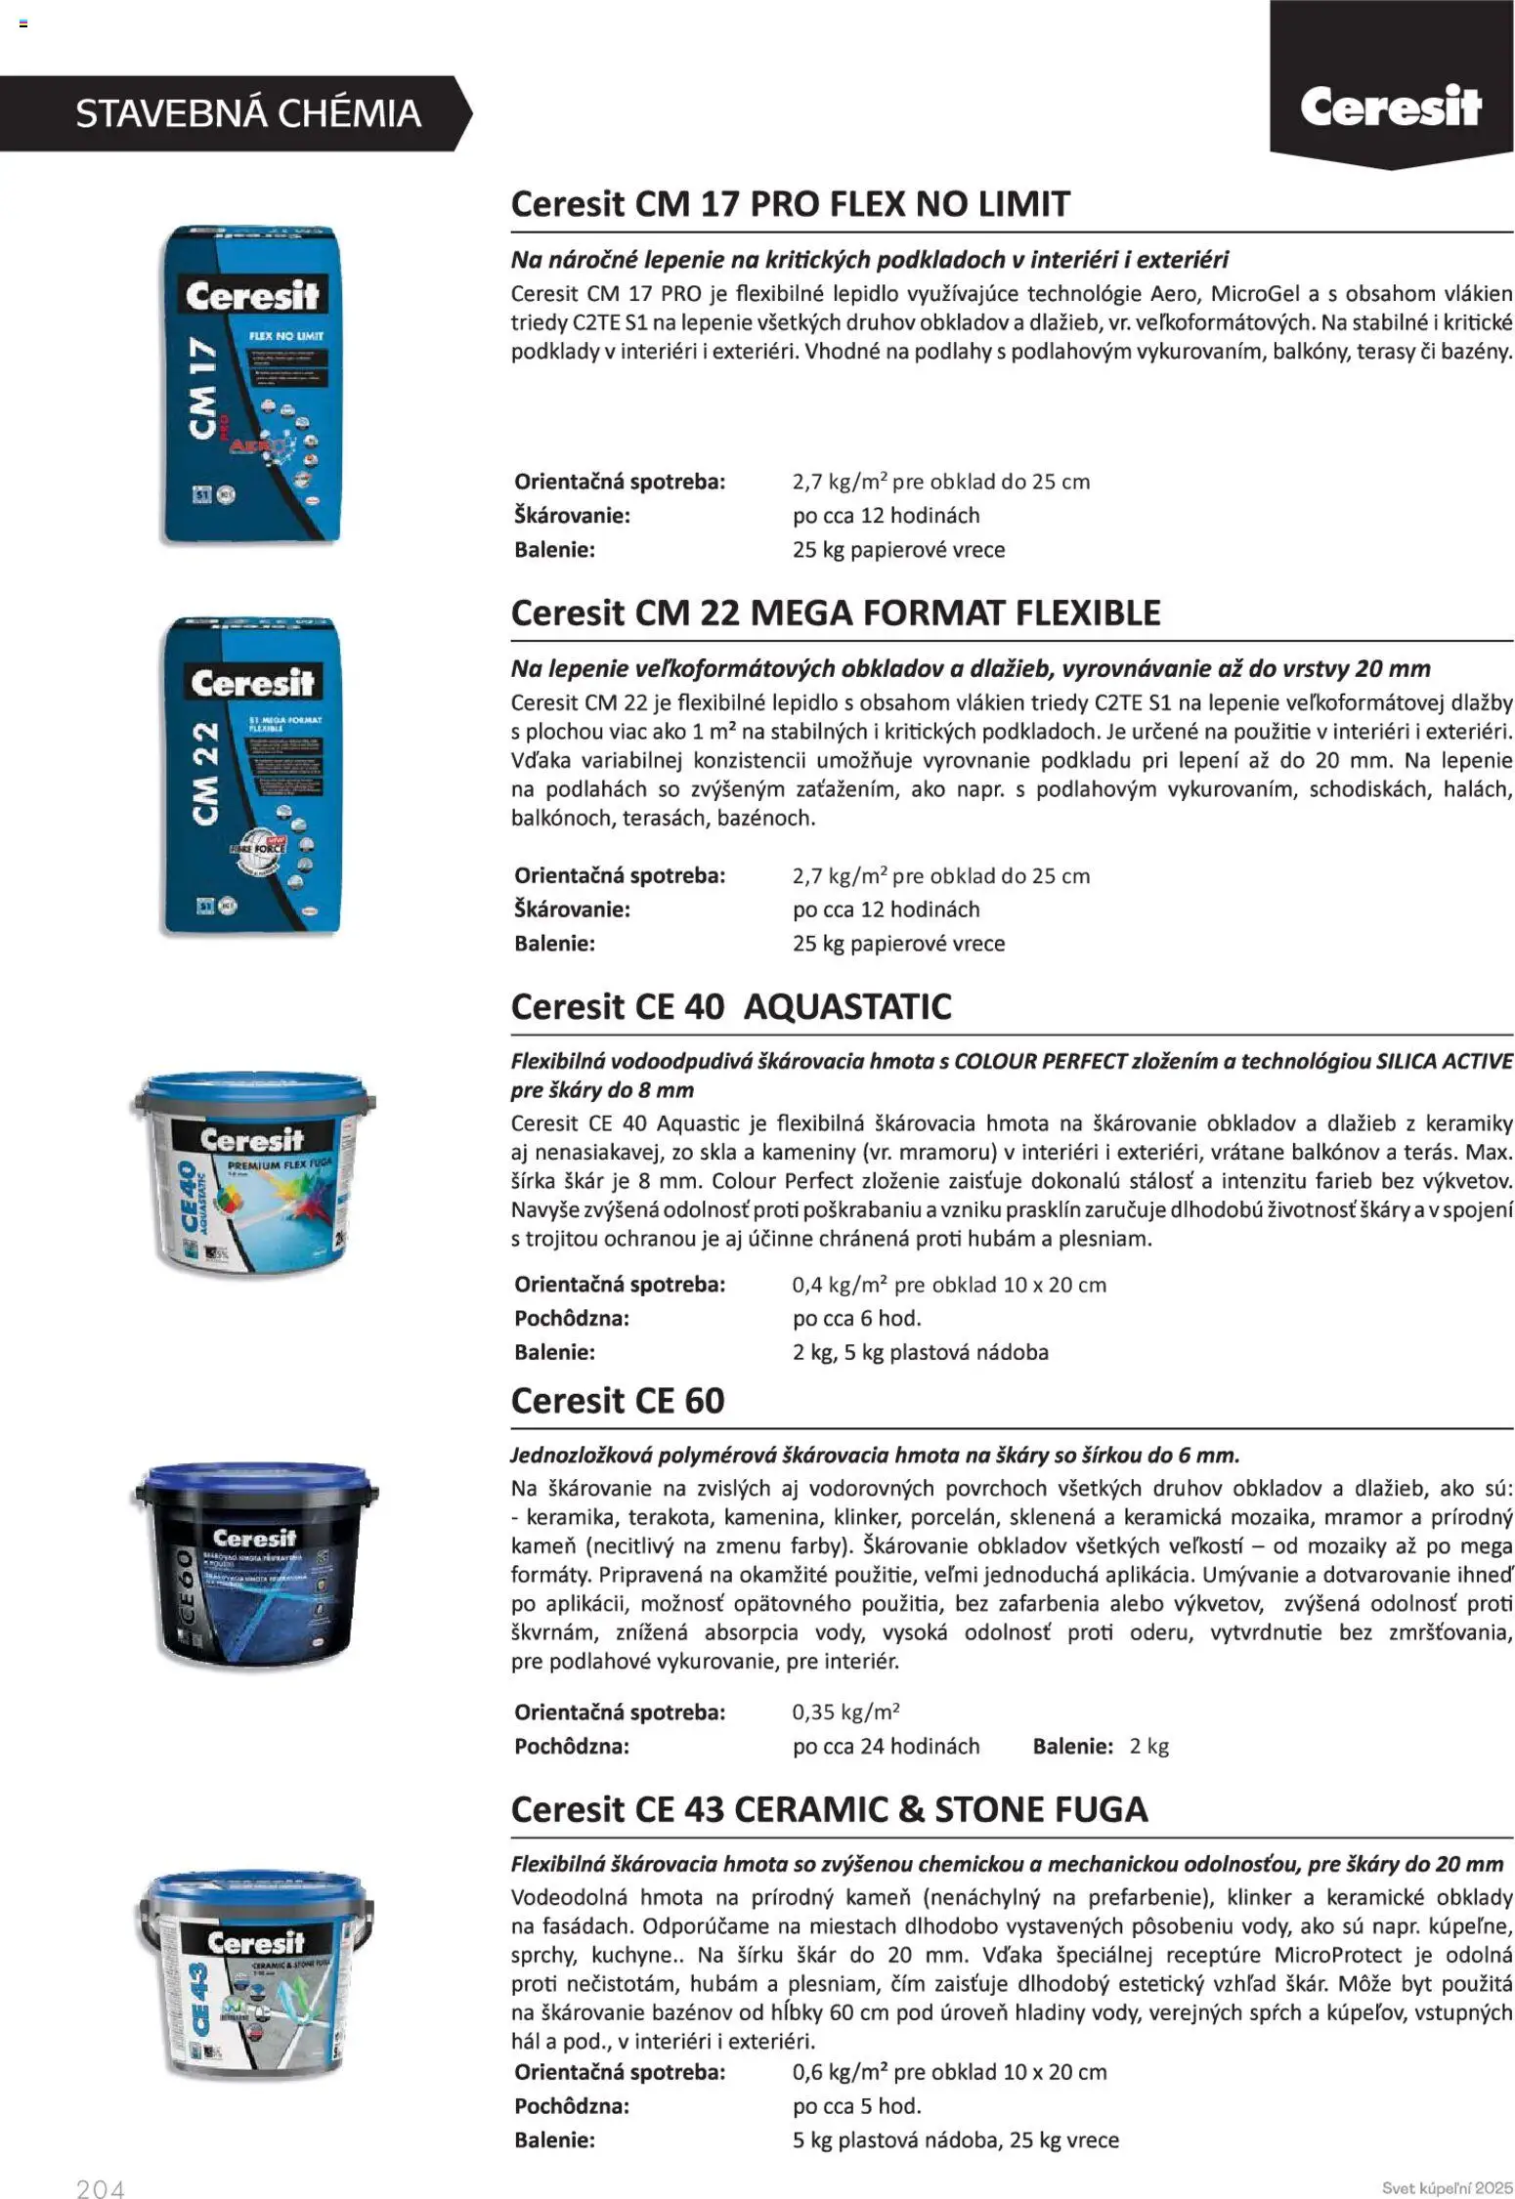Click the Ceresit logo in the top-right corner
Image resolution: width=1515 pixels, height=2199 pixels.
(x=1390, y=106)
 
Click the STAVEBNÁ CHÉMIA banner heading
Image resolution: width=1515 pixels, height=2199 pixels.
(x=248, y=113)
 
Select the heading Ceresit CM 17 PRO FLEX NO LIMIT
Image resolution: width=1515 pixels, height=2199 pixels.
(x=790, y=204)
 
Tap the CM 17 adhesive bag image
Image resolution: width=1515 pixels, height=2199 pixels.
(x=252, y=384)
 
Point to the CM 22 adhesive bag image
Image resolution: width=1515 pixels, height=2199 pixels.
(x=252, y=775)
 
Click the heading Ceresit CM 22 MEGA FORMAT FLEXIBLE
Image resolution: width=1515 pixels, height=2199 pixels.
(x=835, y=613)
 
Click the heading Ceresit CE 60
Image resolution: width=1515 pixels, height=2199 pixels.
(x=617, y=1401)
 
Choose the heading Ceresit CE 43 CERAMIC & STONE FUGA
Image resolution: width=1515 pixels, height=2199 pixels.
(x=829, y=1809)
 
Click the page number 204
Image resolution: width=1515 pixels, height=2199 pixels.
(x=101, y=2189)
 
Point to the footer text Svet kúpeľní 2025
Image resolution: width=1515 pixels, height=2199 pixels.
(x=1447, y=2187)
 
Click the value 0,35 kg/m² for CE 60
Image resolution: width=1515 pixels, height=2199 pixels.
(x=845, y=1712)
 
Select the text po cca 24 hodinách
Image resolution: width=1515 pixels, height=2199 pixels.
(x=886, y=1746)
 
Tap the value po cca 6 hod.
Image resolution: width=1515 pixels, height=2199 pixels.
(x=856, y=1318)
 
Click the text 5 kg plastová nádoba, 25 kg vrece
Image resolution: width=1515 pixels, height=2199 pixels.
(x=955, y=2139)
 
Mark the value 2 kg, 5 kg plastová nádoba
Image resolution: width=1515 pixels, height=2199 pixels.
(x=920, y=1352)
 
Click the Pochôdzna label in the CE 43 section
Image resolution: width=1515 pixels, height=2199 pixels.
(x=571, y=2105)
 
